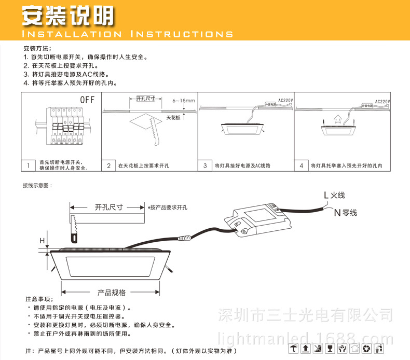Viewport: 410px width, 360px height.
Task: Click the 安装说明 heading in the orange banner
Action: click(x=67, y=17)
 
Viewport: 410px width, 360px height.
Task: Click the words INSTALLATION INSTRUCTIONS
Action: click(x=127, y=34)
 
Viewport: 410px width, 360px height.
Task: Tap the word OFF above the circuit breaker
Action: click(x=87, y=100)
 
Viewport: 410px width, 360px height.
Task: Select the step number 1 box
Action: click(x=28, y=166)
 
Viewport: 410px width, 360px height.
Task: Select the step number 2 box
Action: click(x=108, y=166)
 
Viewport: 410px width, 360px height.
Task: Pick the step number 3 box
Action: click(x=205, y=166)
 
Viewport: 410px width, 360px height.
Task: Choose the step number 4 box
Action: click(x=301, y=166)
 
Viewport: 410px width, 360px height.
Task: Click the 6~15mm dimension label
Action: click(x=183, y=101)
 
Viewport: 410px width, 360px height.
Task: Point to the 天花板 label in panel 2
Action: click(x=173, y=118)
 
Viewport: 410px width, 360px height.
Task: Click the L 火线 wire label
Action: click(x=334, y=195)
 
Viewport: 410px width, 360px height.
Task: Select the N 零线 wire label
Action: click(x=345, y=213)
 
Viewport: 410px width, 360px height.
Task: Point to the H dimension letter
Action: click(x=43, y=240)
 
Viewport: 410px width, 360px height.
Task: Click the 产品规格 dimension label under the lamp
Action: click(x=112, y=293)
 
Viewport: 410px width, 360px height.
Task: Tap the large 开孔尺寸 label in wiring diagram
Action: click(x=108, y=206)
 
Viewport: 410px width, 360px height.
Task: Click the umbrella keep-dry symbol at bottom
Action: click(x=294, y=349)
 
